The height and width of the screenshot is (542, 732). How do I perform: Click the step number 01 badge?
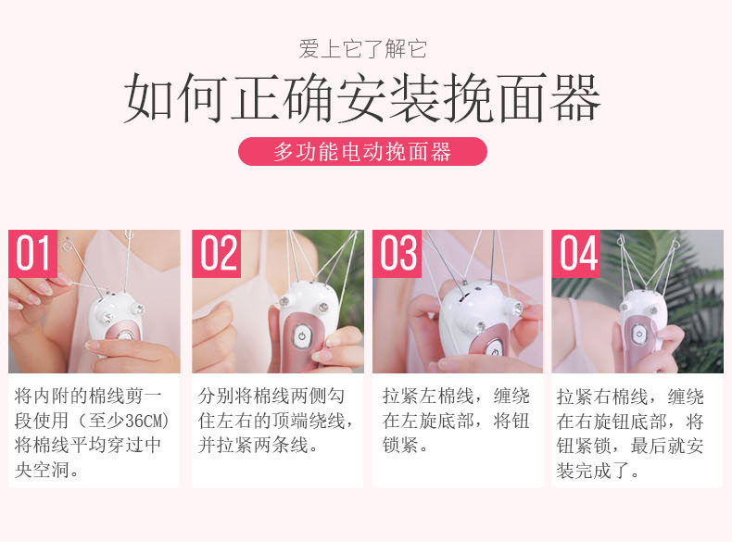(32, 254)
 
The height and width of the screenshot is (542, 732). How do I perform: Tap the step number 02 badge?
(216, 254)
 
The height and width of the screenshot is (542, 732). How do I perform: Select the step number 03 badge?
(397, 254)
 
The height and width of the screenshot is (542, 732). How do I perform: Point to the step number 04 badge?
(576, 254)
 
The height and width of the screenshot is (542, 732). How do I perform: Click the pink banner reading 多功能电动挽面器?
(362, 151)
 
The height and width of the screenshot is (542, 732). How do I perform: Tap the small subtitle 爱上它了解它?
(362, 49)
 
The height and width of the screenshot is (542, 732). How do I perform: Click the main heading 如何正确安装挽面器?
(362, 97)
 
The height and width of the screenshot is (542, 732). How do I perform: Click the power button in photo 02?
(302, 336)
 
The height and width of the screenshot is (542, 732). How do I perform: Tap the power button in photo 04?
(638, 334)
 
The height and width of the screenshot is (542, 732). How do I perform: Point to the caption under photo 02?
(275, 421)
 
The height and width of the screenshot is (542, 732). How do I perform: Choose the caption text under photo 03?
(456, 420)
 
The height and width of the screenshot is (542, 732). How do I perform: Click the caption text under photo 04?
(630, 434)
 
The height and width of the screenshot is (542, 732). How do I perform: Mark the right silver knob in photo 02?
(323, 307)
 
